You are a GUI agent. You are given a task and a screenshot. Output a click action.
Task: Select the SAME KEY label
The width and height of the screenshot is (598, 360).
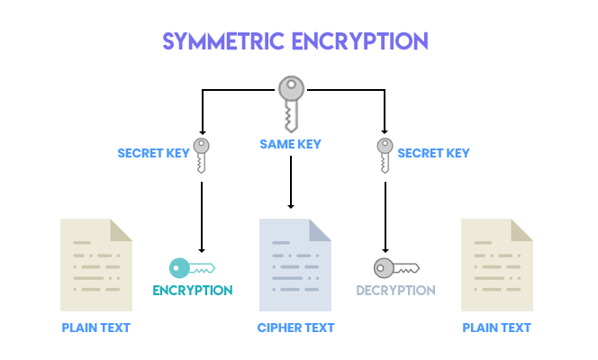[290, 144]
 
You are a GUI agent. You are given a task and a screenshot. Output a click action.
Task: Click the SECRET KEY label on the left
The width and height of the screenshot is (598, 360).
[153, 153]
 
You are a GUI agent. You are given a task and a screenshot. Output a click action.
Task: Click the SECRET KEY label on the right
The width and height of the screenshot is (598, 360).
[433, 153]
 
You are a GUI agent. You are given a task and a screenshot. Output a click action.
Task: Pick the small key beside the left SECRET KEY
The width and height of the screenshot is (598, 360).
[202, 154]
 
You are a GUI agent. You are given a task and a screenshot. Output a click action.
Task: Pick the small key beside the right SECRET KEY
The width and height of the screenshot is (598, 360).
[385, 154]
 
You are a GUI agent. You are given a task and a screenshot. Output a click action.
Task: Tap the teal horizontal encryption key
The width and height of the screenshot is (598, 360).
[191, 267]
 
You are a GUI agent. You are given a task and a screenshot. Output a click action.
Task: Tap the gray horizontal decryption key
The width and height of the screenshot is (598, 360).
[395, 267]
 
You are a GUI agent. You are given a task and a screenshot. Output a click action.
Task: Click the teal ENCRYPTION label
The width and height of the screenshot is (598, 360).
[192, 290]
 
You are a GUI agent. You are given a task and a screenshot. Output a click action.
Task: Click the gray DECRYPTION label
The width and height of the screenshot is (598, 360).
[395, 290]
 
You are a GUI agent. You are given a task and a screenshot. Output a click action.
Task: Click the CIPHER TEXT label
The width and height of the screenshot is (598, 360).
[296, 328]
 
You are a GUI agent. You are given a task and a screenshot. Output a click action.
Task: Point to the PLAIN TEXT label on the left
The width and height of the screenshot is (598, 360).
[96, 328]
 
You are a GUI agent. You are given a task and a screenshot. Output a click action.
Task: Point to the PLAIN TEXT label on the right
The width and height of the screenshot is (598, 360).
[496, 328]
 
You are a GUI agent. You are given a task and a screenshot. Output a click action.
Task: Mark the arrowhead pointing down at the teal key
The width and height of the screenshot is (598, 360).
[202, 248]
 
